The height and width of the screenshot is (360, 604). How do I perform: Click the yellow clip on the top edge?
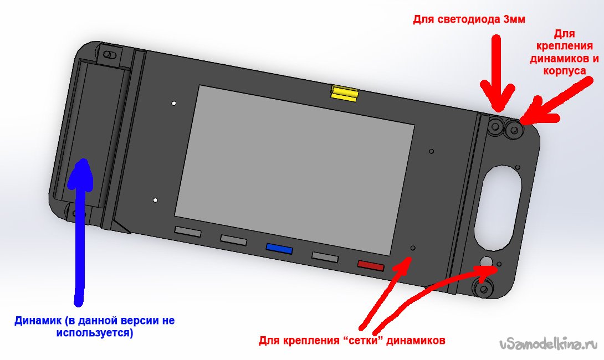pyautogui.click(x=344, y=94)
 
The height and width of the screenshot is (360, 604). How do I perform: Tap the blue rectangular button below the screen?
pyautogui.click(x=279, y=249)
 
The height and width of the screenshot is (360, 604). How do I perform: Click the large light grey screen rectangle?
pyautogui.click(x=295, y=170)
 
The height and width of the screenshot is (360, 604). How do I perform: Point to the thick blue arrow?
pyautogui.click(x=80, y=231)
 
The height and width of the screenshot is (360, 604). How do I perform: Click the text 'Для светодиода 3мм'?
pyautogui.click(x=469, y=19)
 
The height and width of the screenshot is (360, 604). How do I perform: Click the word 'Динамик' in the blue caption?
pyautogui.click(x=38, y=320)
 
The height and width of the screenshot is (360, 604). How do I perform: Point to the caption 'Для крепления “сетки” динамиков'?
pyautogui.click(x=352, y=341)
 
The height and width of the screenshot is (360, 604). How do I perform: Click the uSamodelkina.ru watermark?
pyautogui.click(x=550, y=344)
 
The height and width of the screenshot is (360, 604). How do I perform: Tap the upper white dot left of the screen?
pyautogui.click(x=174, y=103)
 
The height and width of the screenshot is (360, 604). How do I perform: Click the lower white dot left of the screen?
pyautogui.click(x=155, y=200)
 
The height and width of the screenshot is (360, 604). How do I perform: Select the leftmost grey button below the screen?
pyautogui.click(x=188, y=232)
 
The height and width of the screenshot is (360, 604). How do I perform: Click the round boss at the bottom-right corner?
pyautogui.click(x=483, y=289)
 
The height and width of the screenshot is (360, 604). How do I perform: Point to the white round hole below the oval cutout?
pyautogui.click(x=486, y=261)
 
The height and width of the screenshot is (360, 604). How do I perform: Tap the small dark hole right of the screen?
pyautogui.click(x=432, y=151)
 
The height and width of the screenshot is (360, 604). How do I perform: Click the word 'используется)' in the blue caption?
pyautogui.click(x=95, y=333)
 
